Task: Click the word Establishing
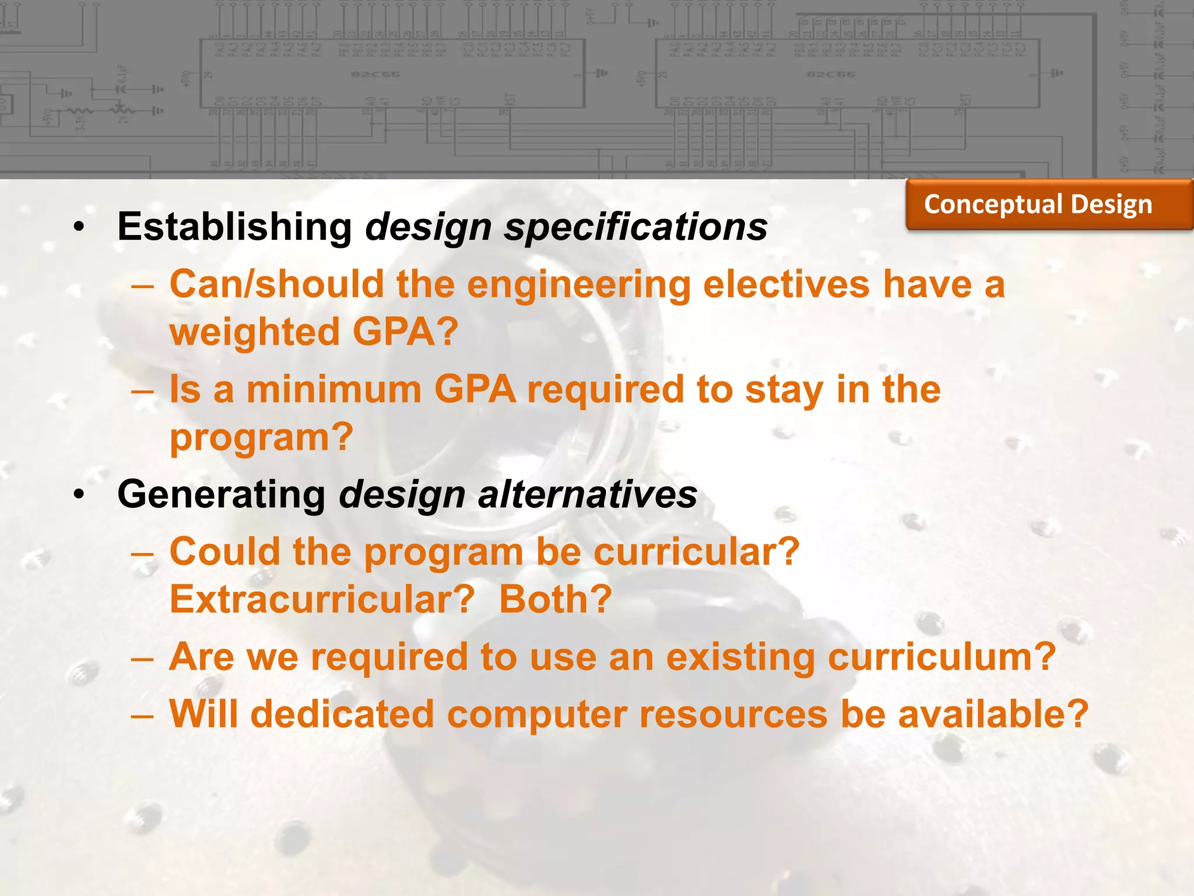(x=234, y=227)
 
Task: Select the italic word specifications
(x=636, y=227)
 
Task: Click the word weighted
(x=254, y=332)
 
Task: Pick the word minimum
(x=334, y=390)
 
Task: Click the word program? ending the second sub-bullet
(x=262, y=437)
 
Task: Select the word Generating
(x=222, y=495)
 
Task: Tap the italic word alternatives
(x=587, y=495)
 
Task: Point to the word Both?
(x=556, y=600)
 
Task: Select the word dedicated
(x=342, y=715)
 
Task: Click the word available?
(x=993, y=715)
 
